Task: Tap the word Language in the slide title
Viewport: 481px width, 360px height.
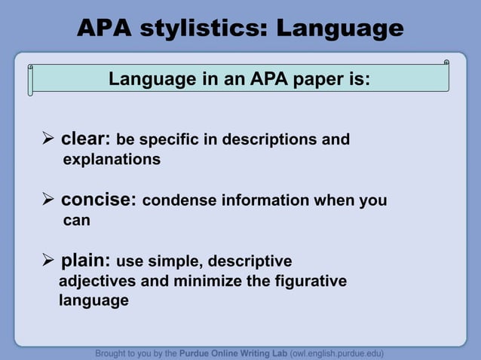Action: click(340, 29)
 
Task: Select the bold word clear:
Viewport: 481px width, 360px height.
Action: click(86, 139)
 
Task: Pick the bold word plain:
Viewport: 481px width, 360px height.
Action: click(86, 261)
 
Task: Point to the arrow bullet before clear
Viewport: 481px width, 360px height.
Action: click(48, 140)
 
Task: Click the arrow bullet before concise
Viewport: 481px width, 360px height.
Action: click(48, 201)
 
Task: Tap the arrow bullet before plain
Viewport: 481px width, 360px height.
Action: click(48, 262)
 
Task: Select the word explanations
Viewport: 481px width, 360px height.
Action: click(112, 160)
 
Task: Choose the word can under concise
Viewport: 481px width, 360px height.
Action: click(76, 221)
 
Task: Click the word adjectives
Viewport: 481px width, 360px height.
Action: click(97, 282)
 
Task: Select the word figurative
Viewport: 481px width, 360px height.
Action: click(307, 282)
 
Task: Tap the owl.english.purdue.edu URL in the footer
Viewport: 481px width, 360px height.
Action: click(336, 352)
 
